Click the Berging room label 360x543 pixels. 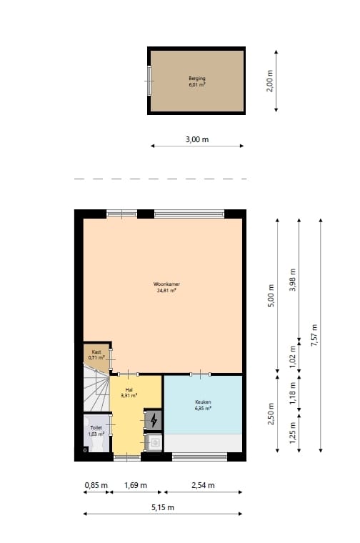pos(197,81)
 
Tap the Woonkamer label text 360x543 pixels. pos(166,287)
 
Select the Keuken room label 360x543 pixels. pos(203,405)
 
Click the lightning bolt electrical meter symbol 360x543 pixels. pos(154,419)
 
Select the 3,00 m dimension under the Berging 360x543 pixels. pos(197,139)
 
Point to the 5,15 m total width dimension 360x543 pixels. pos(162,507)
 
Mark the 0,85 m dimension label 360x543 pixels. pos(96,485)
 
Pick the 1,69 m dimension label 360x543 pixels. pos(135,485)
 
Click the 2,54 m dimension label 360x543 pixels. pos(203,485)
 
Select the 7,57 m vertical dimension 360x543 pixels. pos(314,334)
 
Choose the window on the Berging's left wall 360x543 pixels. pos(149,80)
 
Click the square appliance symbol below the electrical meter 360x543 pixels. pos(154,443)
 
